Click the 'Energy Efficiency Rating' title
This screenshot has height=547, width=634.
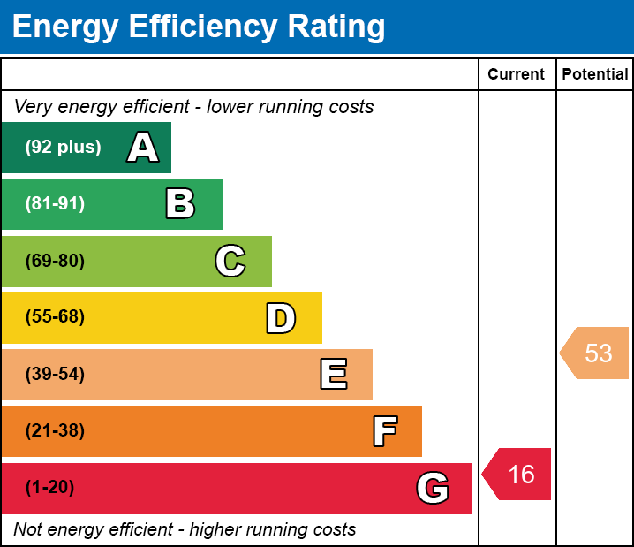pyautogui.click(x=199, y=27)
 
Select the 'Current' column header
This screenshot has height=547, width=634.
pyautogui.click(x=517, y=74)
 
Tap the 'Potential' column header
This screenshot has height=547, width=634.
pyautogui.click(x=595, y=74)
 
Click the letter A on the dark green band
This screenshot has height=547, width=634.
pyautogui.click(x=143, y=147)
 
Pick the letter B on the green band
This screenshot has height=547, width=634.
pyautogui.click(x=180, y=203)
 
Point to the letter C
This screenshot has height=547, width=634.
pyautogui.click(x=230, y=261)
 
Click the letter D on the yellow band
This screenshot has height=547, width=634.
pyautogui.click(x=281, y=318)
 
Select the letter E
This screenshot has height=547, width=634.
pyautogui.click(x=333, y=375)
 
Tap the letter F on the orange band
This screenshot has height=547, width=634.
pyautogui.click(x=384, y=431)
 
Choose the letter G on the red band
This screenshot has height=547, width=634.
pyautogui.click(x=433, y=488)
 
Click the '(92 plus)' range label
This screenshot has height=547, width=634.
pyautogui.click(x=63, y=147)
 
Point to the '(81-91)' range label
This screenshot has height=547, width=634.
pyautogui.click(x=55, y=203)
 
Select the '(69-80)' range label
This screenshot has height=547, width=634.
pyautogui.click(x=55, y=261)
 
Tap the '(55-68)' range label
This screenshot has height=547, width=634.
pyautogui.click(x=55, y=317)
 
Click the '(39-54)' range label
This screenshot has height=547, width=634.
pyautogui.click(x=55, y=374)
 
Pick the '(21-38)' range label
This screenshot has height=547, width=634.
pyautogui.click(x=55, y=431)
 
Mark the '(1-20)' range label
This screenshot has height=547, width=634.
pyautogui.click(x=50, y=488)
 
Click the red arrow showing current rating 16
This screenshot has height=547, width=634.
pyautogui.click(x=518, y=475)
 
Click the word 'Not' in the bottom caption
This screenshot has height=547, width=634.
pyautogui.click(x=28, y=530)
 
